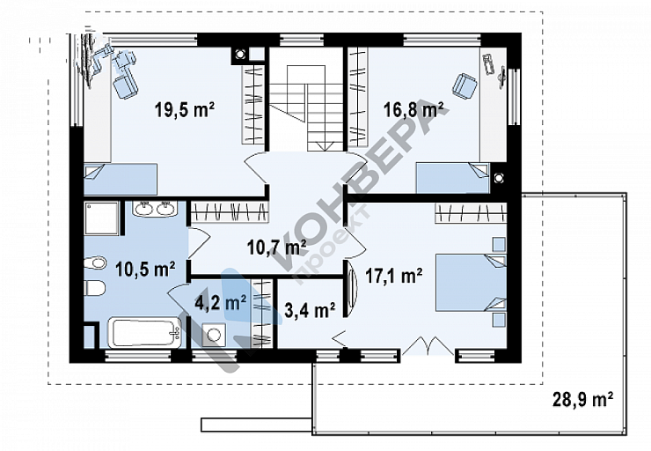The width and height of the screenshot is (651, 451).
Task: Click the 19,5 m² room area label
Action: pyautogui.click(x=185, y=110)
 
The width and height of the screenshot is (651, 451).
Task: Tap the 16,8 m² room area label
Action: pyautogui.click(x=413, y=110)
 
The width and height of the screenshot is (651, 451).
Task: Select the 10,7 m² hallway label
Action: pyautogui.click(x=276, y=247)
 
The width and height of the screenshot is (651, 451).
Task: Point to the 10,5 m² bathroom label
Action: pyautogui.click(x=145, y=270)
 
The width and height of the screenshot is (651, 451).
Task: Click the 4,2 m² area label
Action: pyautogui.click(x=221, y=302)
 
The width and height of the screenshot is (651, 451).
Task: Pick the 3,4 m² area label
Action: pyautogui.click(x=310, y=310)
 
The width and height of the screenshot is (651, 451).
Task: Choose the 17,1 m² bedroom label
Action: pyautogui.click(x=393, y=275)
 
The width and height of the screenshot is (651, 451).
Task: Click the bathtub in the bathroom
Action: pyautogui.click(x=144, y=333)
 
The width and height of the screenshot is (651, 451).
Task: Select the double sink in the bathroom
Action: pyautogui.click(x=155, y=208)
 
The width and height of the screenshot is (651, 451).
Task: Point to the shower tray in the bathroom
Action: pyautogui.click(x=102, y=218)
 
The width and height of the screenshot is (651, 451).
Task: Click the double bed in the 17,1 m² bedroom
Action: pyautogui.click(x=471, y=283)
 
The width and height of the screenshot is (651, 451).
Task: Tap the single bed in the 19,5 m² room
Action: pyautogui.click(x=121, y=179)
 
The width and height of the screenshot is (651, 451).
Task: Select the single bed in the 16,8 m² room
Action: pyautogui.click(x=453, y=178)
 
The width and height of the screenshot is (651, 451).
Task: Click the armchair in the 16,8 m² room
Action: pyautogui.click(x=464, y=85)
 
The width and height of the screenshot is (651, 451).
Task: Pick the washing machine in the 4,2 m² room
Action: pyautogui.click(x=215, y=335)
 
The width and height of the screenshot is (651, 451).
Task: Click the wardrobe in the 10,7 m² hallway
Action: pyautogui.click(x=230, y=211)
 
